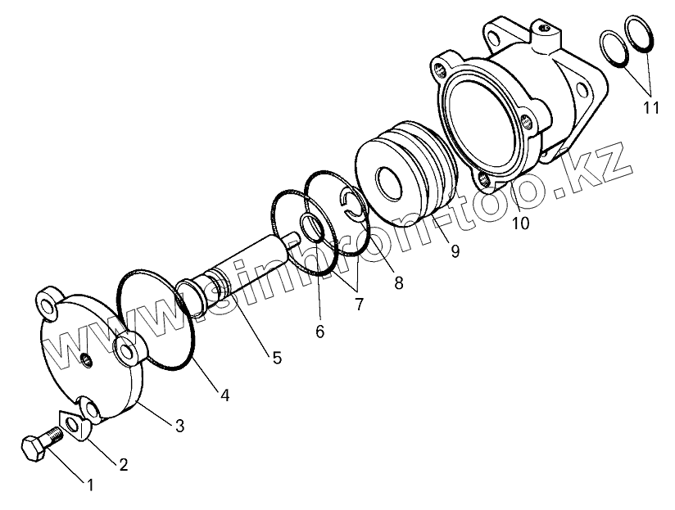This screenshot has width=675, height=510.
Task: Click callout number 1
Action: (90, 485)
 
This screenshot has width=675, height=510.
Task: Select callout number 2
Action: (123, 466)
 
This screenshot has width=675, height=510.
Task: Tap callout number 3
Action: (179, 425)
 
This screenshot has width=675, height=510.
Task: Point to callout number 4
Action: (224, 394)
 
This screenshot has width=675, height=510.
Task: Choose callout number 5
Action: (276, 357)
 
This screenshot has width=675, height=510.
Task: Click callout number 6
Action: (319, 332)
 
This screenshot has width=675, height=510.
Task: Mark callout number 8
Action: (398, 282)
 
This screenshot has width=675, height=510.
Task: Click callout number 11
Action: (650, 108)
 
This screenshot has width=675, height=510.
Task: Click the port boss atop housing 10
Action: (544, 34)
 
